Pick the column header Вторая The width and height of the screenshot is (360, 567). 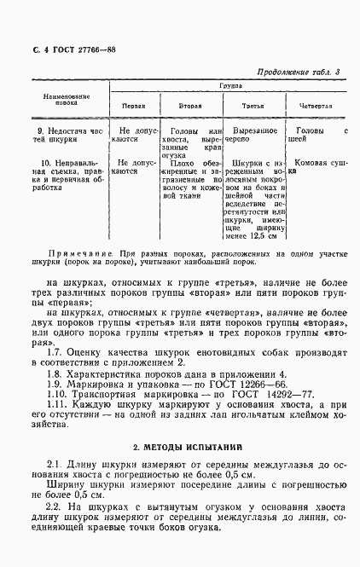point(190,106)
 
